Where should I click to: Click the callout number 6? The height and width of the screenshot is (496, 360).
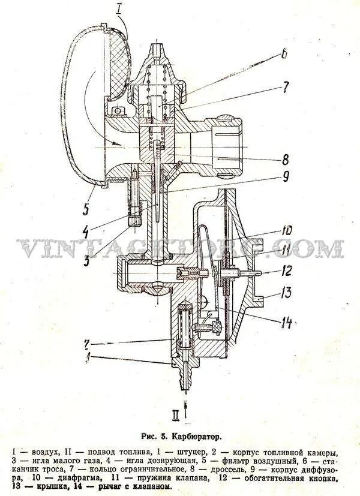(281, 55)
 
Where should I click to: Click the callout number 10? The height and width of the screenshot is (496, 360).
(287, 230)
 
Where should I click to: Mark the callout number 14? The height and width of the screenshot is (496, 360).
(286, 322)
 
